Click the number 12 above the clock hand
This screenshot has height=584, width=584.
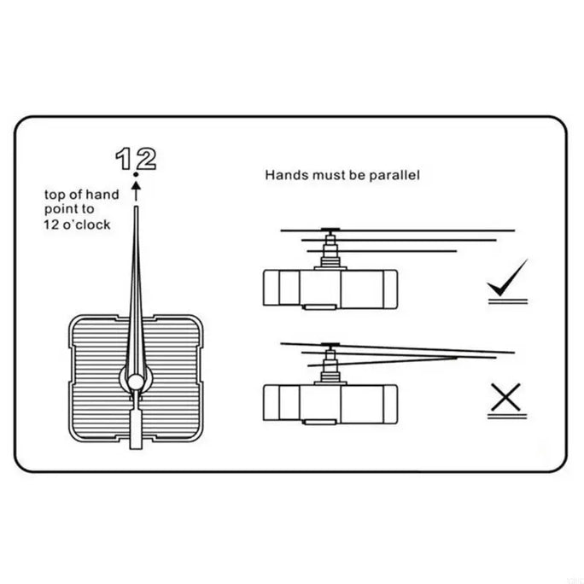pyautogui.click(x=137, y=157)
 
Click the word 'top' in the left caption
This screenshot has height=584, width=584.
pyautogui.click(x=55, y=194)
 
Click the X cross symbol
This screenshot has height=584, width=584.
pyautogui.click(x=507, y=396)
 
